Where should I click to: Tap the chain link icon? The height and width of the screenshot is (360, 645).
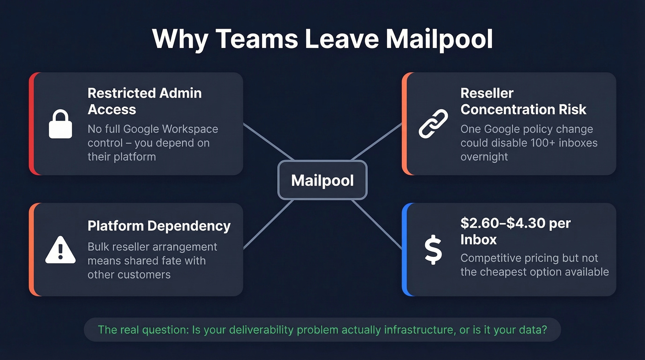pyautogui.click(x=433, y=124)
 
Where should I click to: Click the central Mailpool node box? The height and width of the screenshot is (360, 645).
pyautogui.click(x=322, y=180)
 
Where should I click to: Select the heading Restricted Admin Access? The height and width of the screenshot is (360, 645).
pyautogui.click(x=144, y=101)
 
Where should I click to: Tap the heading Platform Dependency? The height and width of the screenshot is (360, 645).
pyautogui.click(x=159, y=226)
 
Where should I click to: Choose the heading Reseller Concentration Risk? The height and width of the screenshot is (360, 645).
pyautogui.click(x=523, y=101)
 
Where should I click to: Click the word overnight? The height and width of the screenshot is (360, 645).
pyautogui.click(x=484, y=156)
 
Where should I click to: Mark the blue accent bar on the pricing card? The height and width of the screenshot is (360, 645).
pyautogui.click(x=405, y=249)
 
